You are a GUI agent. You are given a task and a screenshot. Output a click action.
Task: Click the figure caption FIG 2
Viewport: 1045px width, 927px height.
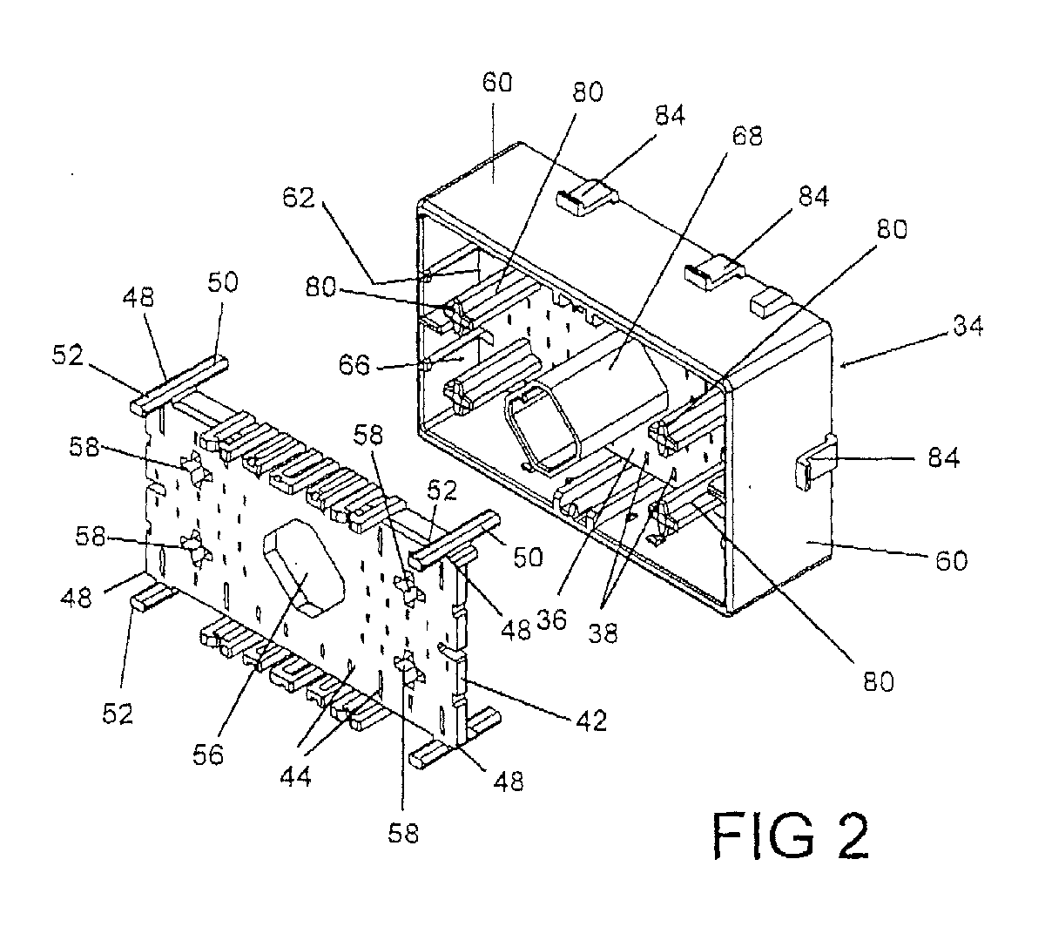791,836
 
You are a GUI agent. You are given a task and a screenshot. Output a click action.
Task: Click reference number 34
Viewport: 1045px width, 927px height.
967,326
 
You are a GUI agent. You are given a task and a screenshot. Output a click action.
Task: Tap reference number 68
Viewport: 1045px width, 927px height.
747,136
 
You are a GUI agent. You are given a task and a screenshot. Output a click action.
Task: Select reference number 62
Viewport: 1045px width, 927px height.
299,197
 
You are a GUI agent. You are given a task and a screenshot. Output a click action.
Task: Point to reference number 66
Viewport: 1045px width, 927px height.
354,365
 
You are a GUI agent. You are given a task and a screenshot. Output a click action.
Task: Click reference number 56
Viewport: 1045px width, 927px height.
208,754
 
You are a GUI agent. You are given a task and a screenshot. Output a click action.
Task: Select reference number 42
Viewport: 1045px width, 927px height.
591,721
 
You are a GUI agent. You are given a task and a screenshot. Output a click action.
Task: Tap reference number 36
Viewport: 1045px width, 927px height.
551,619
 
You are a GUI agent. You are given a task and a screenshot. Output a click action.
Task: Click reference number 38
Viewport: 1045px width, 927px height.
603,633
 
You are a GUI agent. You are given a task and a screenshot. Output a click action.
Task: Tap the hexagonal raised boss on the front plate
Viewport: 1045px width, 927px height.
304,567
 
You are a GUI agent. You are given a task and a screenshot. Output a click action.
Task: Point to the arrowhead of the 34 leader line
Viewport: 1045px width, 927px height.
843,367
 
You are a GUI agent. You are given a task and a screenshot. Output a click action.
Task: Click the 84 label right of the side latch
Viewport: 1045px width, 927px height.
944,457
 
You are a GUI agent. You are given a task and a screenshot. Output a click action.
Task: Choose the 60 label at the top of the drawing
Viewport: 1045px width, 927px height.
497,82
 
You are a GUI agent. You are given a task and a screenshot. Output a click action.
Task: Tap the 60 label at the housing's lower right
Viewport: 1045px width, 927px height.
952,560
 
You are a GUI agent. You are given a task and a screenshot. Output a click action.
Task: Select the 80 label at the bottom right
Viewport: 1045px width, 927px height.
879,682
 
